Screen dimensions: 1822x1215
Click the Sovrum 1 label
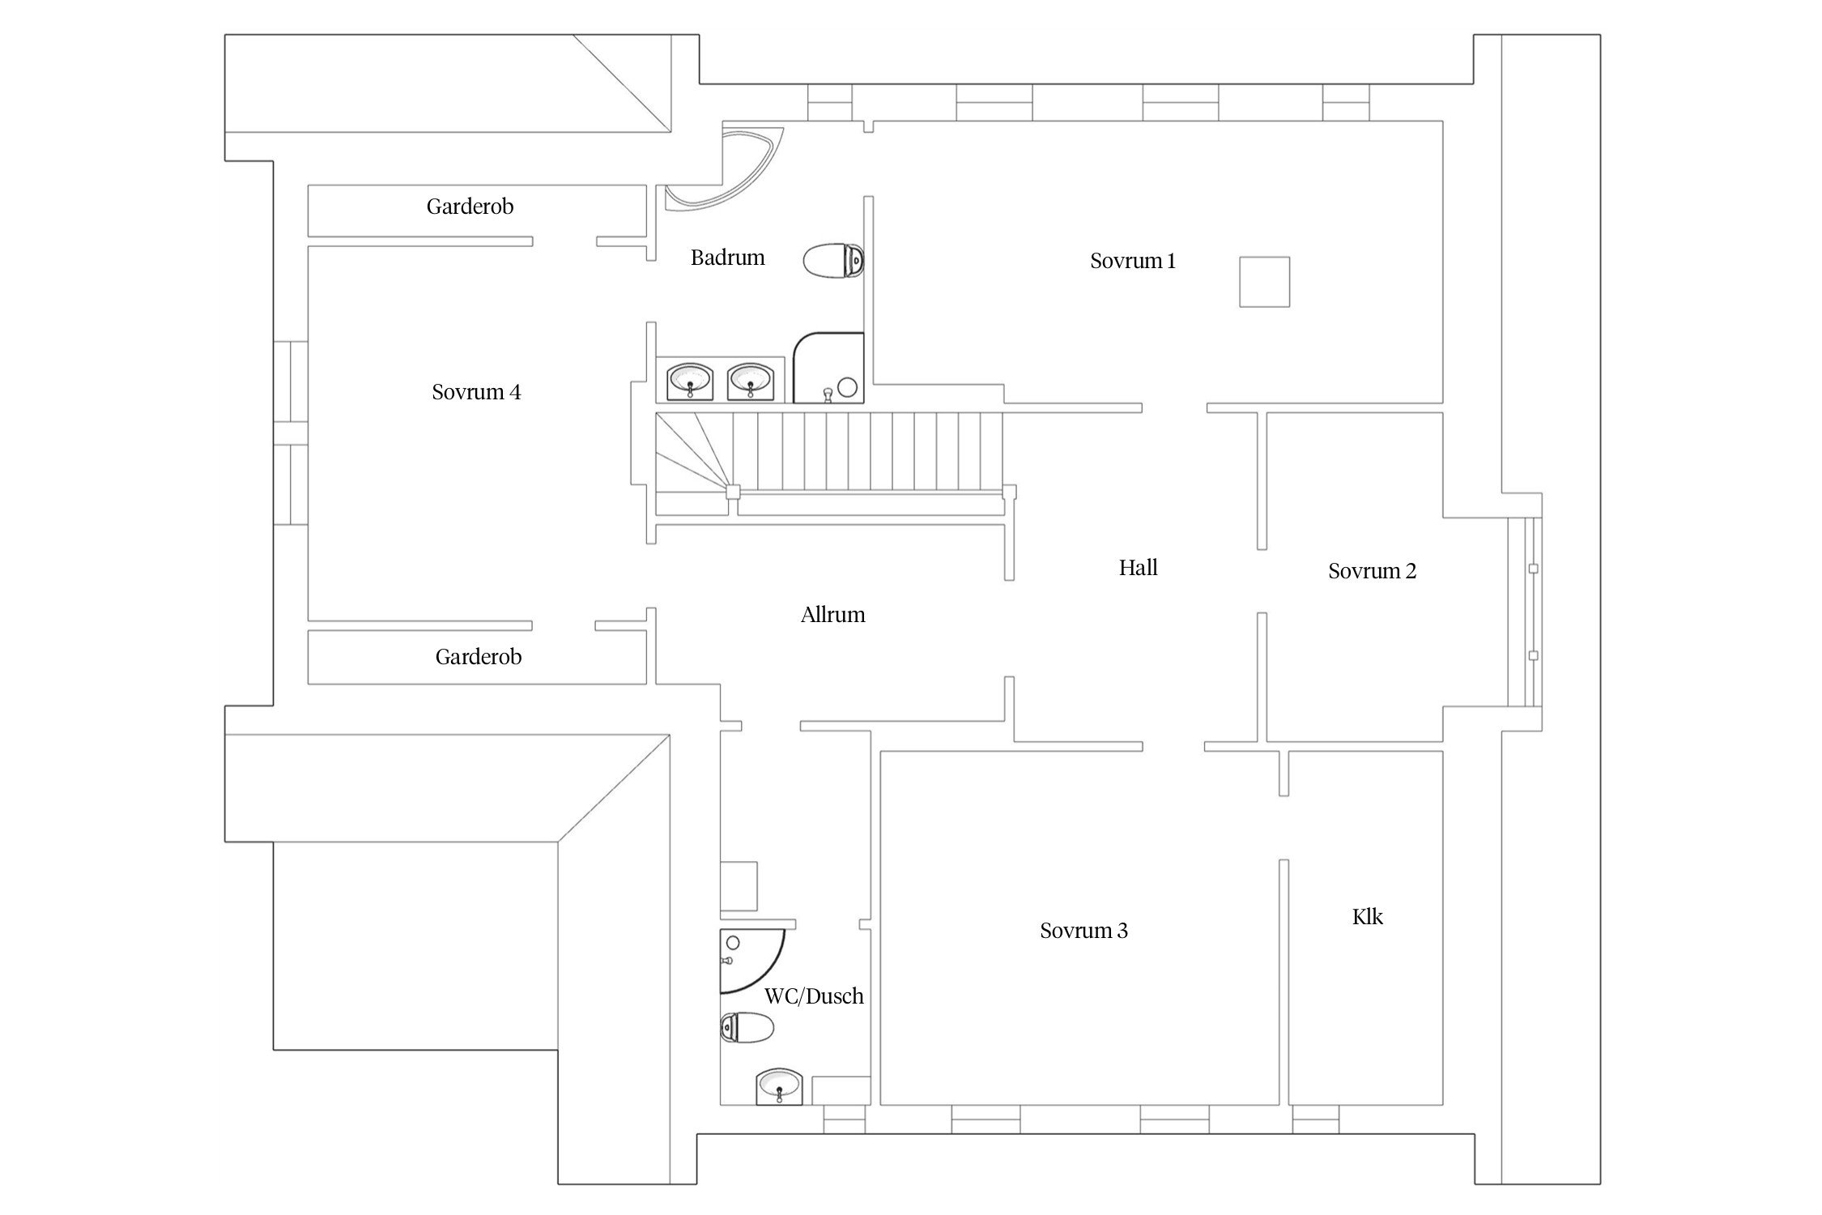click(x=1132, y=261)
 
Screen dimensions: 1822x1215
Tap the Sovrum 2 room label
click(x=1372, y=571)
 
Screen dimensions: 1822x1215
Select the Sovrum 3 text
click(x=1083, y=931)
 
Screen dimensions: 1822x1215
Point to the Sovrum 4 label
click(x=476, y=392)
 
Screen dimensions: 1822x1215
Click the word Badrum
click(x=727, y=258)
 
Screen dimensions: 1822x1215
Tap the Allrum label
click(x=832, y=615)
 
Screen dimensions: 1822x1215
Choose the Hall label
click(x=1138, y=568)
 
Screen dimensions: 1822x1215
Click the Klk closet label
click(x=1367, y=917)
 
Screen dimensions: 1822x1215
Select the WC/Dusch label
click(x=814, y=996)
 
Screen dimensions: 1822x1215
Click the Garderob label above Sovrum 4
click(x=470, y=207)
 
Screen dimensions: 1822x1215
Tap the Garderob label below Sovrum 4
click(x=478, y=657)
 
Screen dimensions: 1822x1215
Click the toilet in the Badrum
click(x=834, y=260)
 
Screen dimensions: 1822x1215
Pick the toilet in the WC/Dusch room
click(x=747, y=1027)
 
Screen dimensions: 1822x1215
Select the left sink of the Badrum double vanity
click(x=690, y=380)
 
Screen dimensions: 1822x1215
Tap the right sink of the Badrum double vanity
click(x=751, y=380)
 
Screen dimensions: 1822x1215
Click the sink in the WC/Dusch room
click(x=779, y=1085)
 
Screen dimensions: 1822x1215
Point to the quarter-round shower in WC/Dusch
click(x=751, y=961)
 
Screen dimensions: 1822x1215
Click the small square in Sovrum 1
click(x=1264, y=282)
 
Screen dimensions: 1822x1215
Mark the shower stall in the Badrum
click(x=828, y=368)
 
